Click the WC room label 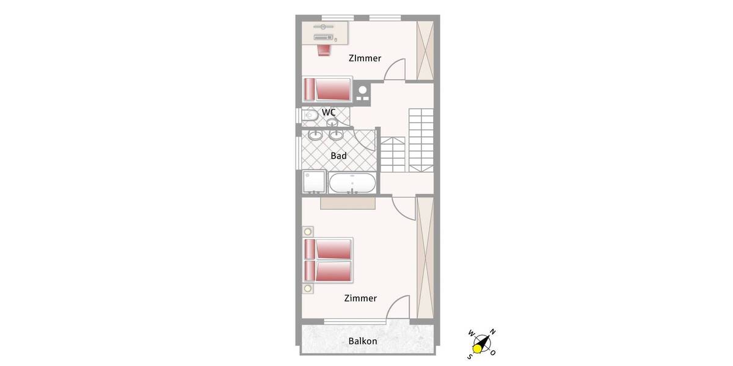329,112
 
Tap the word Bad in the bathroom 338,156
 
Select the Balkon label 363,341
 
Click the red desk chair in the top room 324,49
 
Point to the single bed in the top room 327,90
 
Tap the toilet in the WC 309,115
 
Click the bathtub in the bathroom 352,183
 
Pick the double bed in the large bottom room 328,260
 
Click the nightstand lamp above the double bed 307,231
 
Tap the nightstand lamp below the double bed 307,288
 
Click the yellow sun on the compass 478,348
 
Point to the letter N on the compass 493,332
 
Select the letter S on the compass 470,356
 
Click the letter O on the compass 493,353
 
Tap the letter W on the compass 471,334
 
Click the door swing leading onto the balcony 397,308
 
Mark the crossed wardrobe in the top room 425,50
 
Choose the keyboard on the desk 324,38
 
